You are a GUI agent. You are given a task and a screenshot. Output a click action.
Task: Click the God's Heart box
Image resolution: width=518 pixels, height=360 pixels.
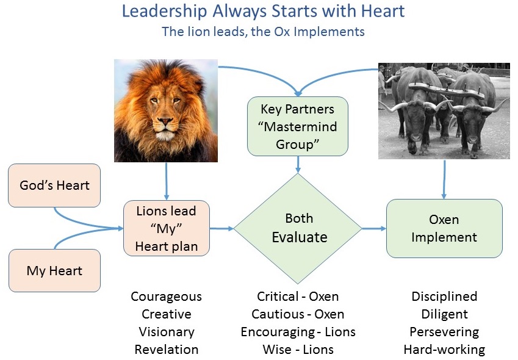click(54, 185)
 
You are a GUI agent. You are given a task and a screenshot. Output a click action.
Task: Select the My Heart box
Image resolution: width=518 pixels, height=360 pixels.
click(54, 270)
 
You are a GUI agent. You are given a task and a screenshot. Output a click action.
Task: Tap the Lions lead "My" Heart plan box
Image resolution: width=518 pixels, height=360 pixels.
click(167, 228)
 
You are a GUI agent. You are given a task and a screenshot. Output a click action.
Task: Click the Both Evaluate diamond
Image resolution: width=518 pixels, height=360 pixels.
click(298, 228)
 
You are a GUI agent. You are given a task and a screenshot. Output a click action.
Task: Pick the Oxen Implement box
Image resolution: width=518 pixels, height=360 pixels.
click(444, 228)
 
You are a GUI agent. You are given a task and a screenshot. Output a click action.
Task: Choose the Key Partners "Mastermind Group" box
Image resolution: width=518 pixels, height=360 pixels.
click(298, 126)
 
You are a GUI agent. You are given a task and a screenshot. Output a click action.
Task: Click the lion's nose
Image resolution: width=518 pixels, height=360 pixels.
click(165, 121)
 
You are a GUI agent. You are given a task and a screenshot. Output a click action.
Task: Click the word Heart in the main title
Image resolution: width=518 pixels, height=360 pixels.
click(383, 11)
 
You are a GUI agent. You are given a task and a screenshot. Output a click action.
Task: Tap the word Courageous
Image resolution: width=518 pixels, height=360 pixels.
click(166, 297)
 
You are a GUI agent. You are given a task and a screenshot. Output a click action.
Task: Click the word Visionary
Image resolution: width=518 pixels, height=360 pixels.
click(167, 332)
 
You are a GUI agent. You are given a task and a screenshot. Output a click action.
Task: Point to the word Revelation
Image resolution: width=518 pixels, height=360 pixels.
click(167, 350)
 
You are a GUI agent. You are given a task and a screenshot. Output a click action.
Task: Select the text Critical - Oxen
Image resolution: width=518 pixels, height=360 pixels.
click(298, 297)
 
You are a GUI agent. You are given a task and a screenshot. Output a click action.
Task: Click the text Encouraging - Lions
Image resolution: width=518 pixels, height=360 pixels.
click(298, 332)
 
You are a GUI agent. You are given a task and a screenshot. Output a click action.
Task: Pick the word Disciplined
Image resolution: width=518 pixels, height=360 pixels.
click(444, 297)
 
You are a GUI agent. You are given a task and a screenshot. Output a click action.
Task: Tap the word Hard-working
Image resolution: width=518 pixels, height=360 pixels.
click(444, 350)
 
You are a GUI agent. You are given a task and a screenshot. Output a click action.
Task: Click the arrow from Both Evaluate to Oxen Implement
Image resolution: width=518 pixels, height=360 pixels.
click(374, 228)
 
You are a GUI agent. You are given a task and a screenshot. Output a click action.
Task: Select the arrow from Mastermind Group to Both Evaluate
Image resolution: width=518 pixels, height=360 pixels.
click(298, 165)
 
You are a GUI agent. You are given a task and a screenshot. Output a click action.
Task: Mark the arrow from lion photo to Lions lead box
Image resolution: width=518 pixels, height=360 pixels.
click(166, 181)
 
